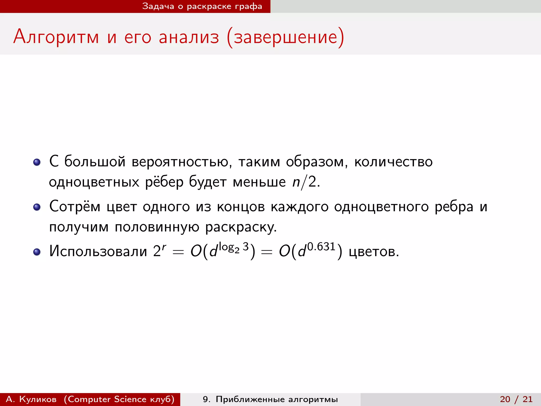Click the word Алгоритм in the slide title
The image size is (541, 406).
point(56,37)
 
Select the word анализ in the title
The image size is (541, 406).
point(189,37)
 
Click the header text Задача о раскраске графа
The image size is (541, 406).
point(202,6)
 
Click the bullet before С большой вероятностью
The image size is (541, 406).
point(37,162)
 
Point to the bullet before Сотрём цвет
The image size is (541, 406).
point(37,207)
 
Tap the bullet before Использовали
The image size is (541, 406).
point(37,252)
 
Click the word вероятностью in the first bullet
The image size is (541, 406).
point(182,162)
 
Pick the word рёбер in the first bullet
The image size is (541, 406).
point(164,182)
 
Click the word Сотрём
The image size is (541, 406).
point(75,206)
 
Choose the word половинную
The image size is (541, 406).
point(157,227)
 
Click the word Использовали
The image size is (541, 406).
point(98,251)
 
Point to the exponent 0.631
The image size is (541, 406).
point(321,247)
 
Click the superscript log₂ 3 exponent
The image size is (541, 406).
point(234,247)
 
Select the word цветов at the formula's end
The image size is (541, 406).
point(374,252)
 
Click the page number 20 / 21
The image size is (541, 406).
point(516,399)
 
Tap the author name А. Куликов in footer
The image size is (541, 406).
point(31,399)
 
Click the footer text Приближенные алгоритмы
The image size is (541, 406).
point(277,399)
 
